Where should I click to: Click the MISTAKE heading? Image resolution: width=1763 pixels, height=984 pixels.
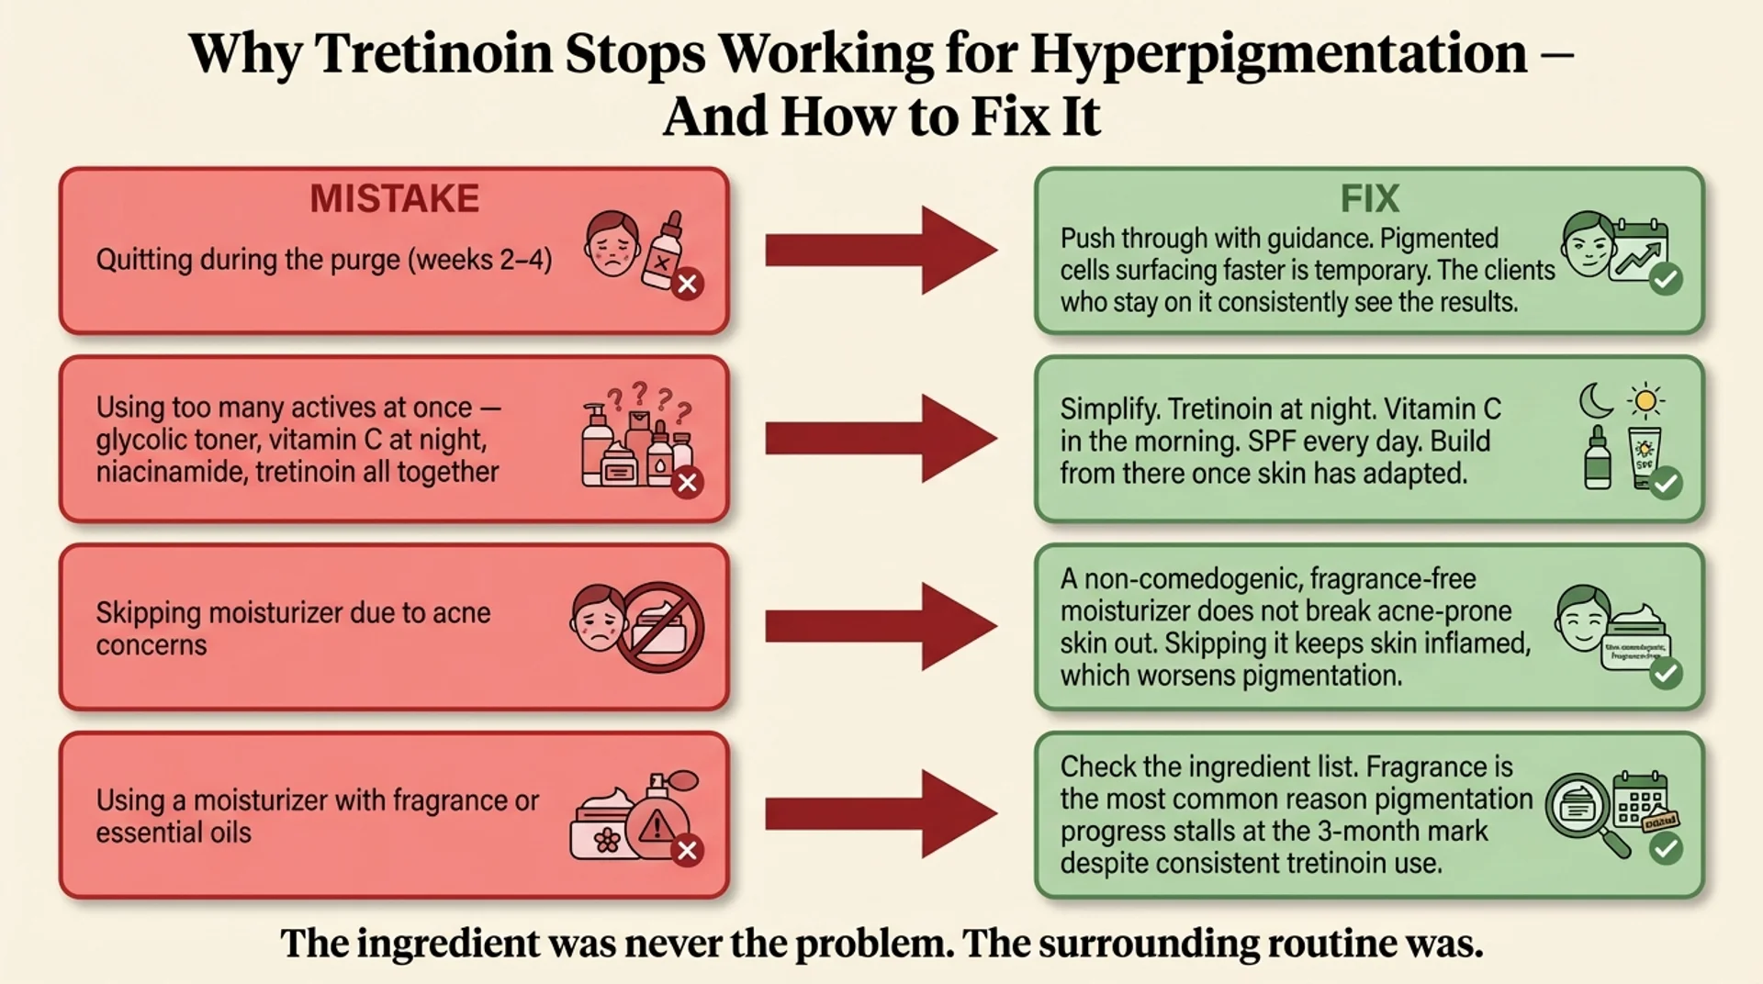pyautogui.click(x=394, y=198)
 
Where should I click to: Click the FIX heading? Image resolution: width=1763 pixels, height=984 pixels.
pyautogui.click(x=1369, y=198)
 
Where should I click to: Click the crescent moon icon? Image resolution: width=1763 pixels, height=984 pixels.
pyautogui.click(x=1596, y=400)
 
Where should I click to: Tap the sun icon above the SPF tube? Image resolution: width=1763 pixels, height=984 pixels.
pyautogui.click(x=1645, y=400)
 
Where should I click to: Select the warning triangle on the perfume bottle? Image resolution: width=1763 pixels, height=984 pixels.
pyautogui.click(x=657, y=826)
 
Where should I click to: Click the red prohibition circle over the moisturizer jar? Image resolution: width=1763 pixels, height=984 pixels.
pyautogui.click(x=659, y=627)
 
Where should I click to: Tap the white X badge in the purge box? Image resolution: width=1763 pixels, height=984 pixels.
pyautogui.click(x=687, y=284)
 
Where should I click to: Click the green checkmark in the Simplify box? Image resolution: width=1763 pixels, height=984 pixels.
pyautogui.click(x=1666, y=483)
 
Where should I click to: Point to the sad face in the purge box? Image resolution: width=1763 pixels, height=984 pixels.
pyautogui.click(x=612, y=243)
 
